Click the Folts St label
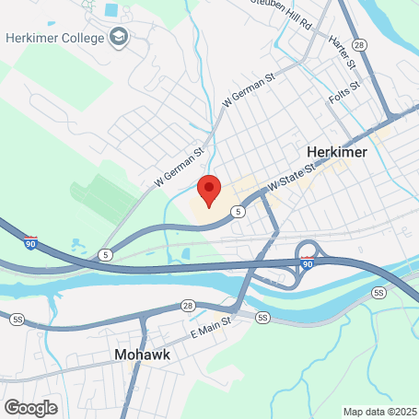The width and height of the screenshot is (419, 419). click(x=343, y=92)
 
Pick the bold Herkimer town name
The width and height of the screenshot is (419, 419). click(x=336, y=151)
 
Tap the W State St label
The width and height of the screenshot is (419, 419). click(x=292, y=179)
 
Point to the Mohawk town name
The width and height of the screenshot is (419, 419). click(x=140, y=354)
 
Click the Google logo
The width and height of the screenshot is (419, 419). click(x=30, y=407)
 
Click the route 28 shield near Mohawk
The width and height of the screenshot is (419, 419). click(x=187, y=305)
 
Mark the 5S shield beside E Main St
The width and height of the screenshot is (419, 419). click(x=263, y=318)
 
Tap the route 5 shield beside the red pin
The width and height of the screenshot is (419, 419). click(x=239, y=212)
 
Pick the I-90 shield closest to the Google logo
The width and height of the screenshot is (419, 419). click(x=31, y=244)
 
